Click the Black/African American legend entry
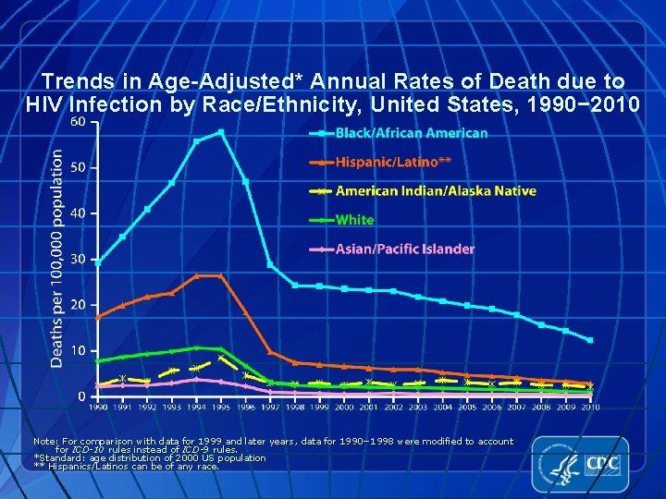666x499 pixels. tap(411, 133)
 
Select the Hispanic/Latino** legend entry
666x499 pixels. tap(393, 162)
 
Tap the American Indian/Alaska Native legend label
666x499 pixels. tap(435, 191)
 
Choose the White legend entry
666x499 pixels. tap(354, 220)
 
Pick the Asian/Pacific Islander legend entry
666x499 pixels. tap(405, 249)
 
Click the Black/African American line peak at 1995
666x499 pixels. tap(221, 132)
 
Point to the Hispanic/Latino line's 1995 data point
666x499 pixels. tap(221, 275)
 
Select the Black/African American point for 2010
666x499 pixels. tap(590, 340)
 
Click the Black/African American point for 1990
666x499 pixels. tap(98, 262)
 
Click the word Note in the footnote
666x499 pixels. tap(43, 442)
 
